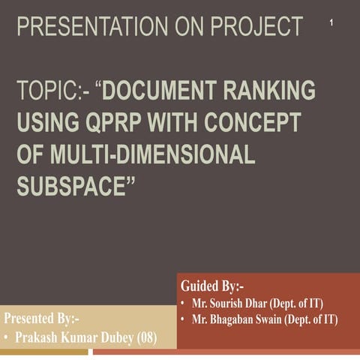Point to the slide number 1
click(x=331, y=25)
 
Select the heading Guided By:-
click(x=212, y=286)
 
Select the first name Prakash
click(x=40, y=337)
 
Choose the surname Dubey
click(x=116, y=337)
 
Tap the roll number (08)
click(x=147, y=337)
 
